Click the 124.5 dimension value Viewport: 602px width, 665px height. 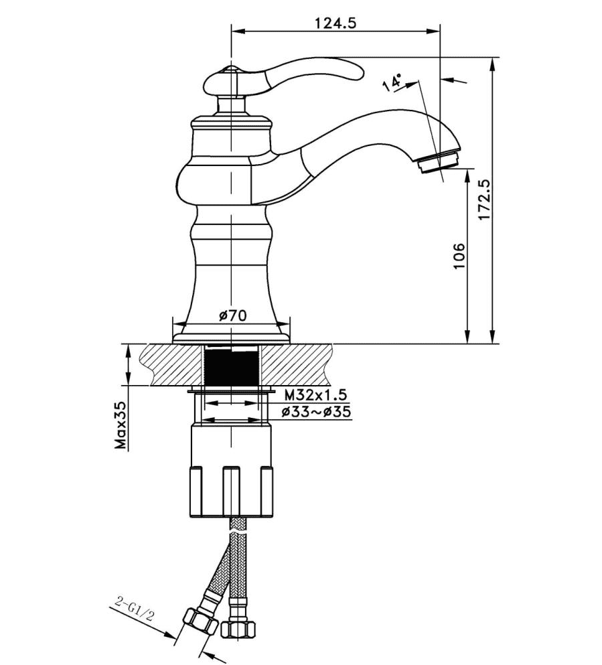[335, 22]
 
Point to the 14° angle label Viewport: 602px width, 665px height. [392, 82]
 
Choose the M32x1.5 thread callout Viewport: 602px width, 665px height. [315, 394]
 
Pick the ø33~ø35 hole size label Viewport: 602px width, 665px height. [316, 412]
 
